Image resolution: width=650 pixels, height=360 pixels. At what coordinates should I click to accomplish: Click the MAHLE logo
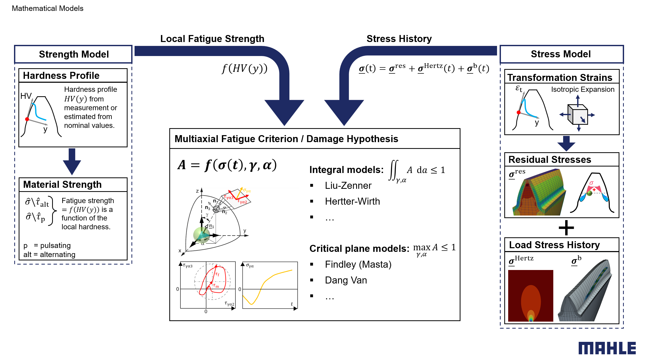607,348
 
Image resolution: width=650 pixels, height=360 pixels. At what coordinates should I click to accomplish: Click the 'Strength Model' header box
74,54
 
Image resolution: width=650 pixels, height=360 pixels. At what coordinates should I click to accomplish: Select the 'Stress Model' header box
561,54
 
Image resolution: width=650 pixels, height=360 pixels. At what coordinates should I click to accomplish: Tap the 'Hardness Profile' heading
61,75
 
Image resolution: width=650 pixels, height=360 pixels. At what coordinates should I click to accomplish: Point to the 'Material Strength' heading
62,184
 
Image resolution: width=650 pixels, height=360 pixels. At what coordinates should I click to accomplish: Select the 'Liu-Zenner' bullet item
348,186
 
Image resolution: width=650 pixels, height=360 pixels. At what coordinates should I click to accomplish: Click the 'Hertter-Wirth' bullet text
352,202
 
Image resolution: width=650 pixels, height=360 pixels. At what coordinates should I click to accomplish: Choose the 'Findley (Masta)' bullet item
358,265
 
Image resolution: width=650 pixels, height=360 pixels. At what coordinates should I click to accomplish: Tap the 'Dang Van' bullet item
346,280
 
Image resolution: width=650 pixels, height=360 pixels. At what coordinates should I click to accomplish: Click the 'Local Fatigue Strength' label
212,39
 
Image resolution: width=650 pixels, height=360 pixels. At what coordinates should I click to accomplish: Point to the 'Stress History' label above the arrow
399,39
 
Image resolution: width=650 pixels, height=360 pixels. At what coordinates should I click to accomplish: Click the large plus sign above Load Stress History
566,228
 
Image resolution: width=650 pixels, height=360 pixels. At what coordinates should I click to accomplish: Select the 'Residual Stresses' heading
550,160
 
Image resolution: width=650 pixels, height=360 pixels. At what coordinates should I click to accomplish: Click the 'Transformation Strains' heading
560,78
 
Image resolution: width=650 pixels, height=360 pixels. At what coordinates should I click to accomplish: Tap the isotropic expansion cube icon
578,114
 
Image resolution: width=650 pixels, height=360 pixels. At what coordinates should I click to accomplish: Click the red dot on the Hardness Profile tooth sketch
27,119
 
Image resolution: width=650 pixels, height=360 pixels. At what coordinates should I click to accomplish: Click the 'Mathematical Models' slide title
47,8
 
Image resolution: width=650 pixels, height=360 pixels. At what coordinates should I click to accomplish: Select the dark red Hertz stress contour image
530,296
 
